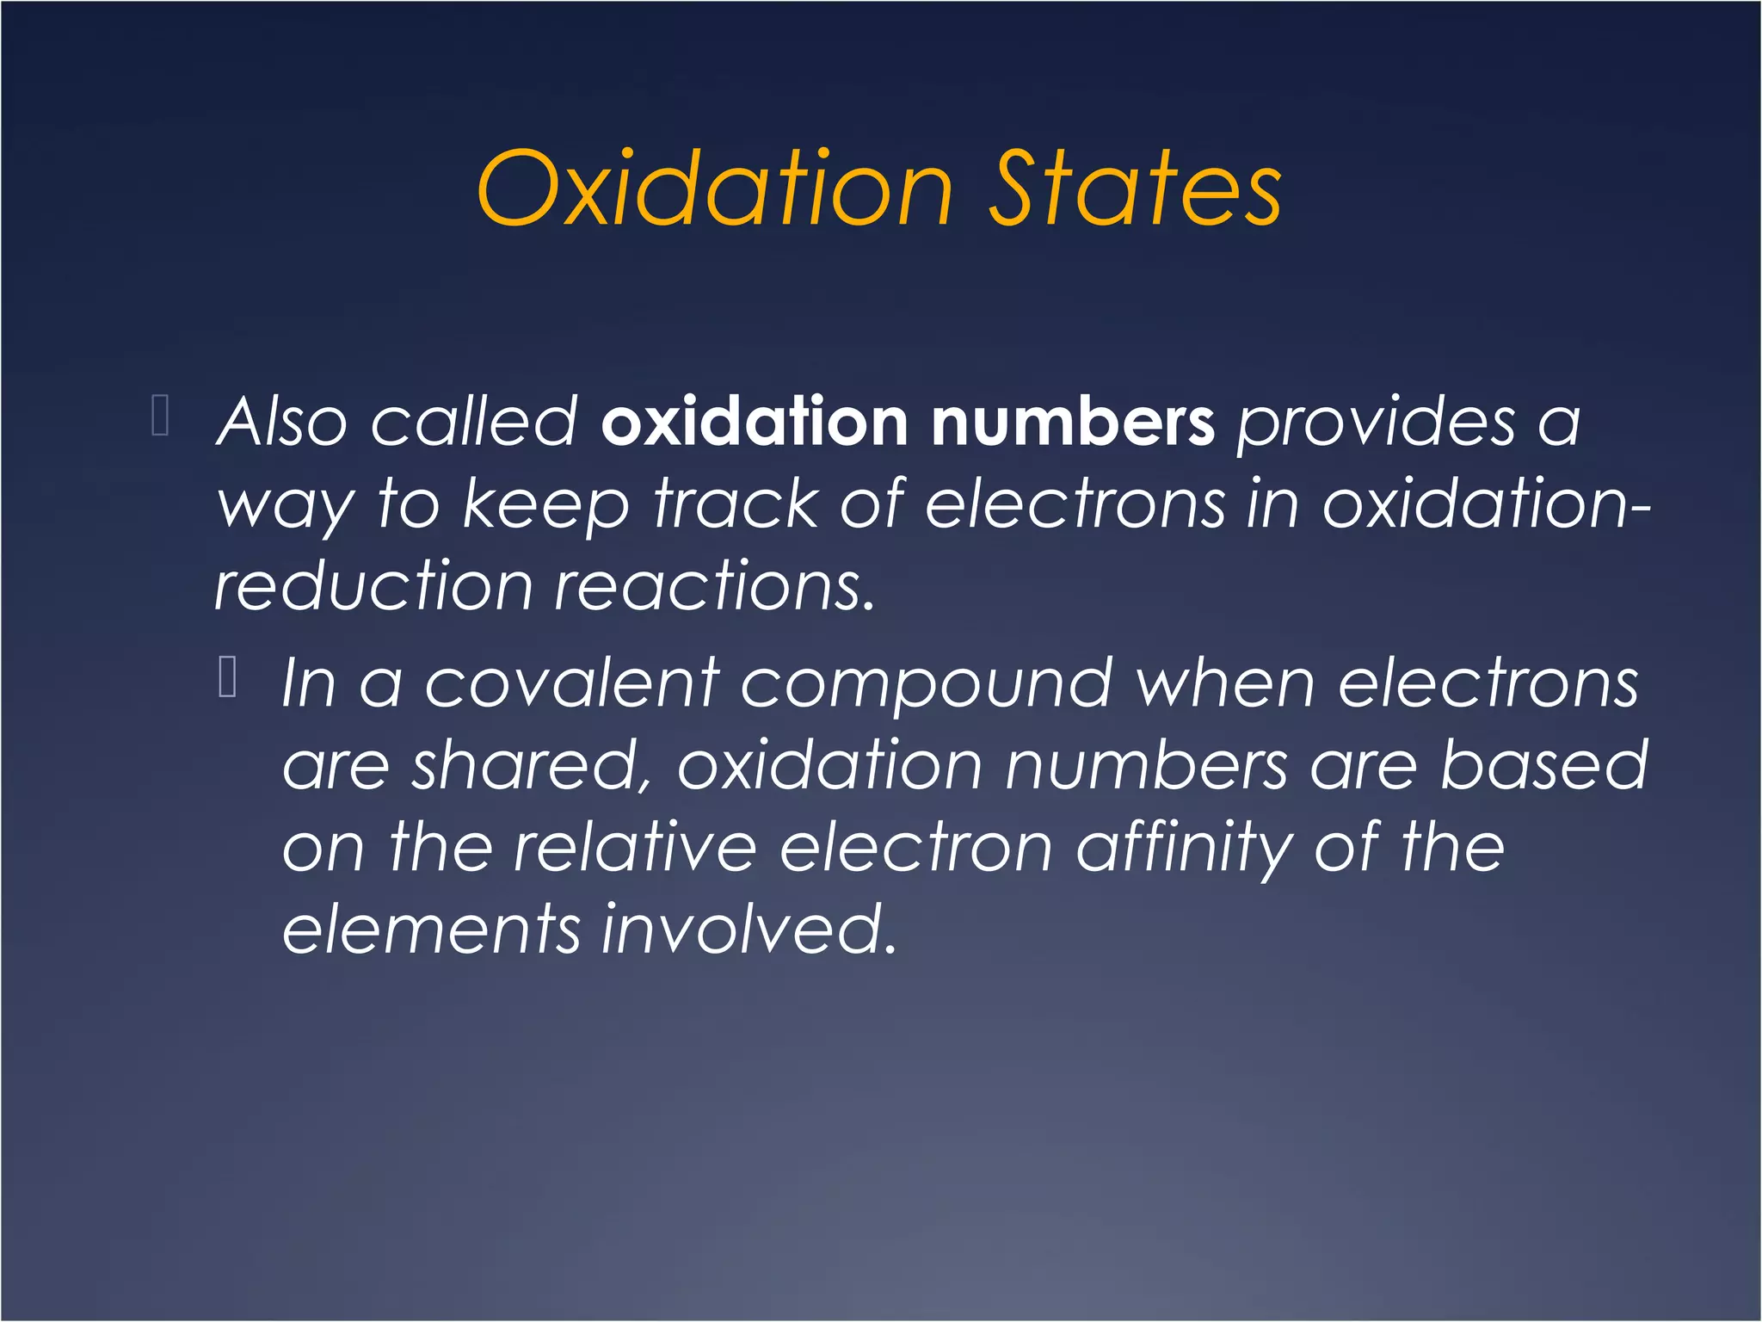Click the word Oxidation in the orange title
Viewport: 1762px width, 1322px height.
[x=715, y=189]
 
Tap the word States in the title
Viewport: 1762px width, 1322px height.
[x=1136, y=189]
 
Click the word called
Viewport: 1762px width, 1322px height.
[x=474, y=423]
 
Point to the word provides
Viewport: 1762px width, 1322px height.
[x=1376, y=423]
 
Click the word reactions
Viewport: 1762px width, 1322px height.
[x=714, y=587]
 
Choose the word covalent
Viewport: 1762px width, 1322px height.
[x=571, y=684]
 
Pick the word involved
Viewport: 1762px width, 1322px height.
[x=749, y=930]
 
